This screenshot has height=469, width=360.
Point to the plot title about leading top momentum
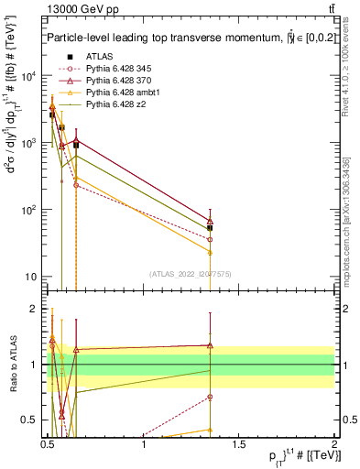click(x=183, y=38)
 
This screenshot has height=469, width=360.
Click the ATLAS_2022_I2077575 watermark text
click(x=189, y=273)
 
